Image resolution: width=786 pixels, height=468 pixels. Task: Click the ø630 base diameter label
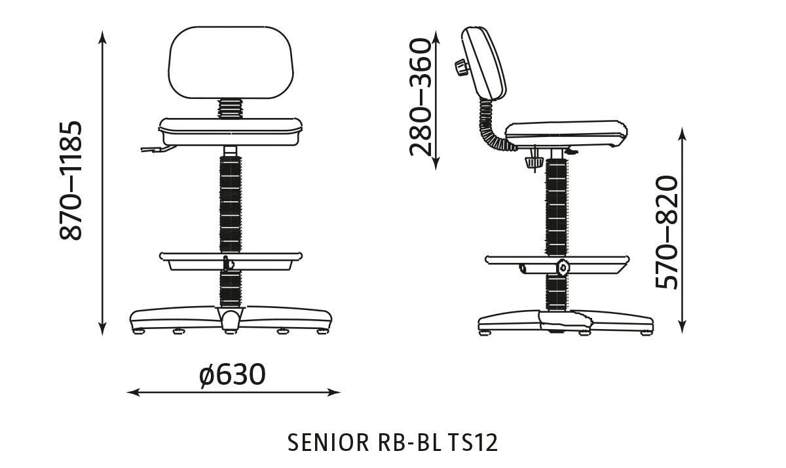point(233,375)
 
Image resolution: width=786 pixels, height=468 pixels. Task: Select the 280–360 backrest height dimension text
point(421,97)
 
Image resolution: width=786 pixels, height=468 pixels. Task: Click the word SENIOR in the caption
point(328,442)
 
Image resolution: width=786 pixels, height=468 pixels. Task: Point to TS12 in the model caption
point(473,442)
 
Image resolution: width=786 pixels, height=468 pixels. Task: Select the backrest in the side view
point(485,66)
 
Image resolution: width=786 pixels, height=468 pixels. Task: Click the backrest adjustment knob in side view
point(460,68)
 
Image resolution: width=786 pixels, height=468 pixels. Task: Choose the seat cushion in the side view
point(563,133)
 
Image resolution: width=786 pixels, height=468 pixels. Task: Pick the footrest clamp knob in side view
point(562,267)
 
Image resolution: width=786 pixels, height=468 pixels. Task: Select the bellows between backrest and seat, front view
point(229,108)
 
